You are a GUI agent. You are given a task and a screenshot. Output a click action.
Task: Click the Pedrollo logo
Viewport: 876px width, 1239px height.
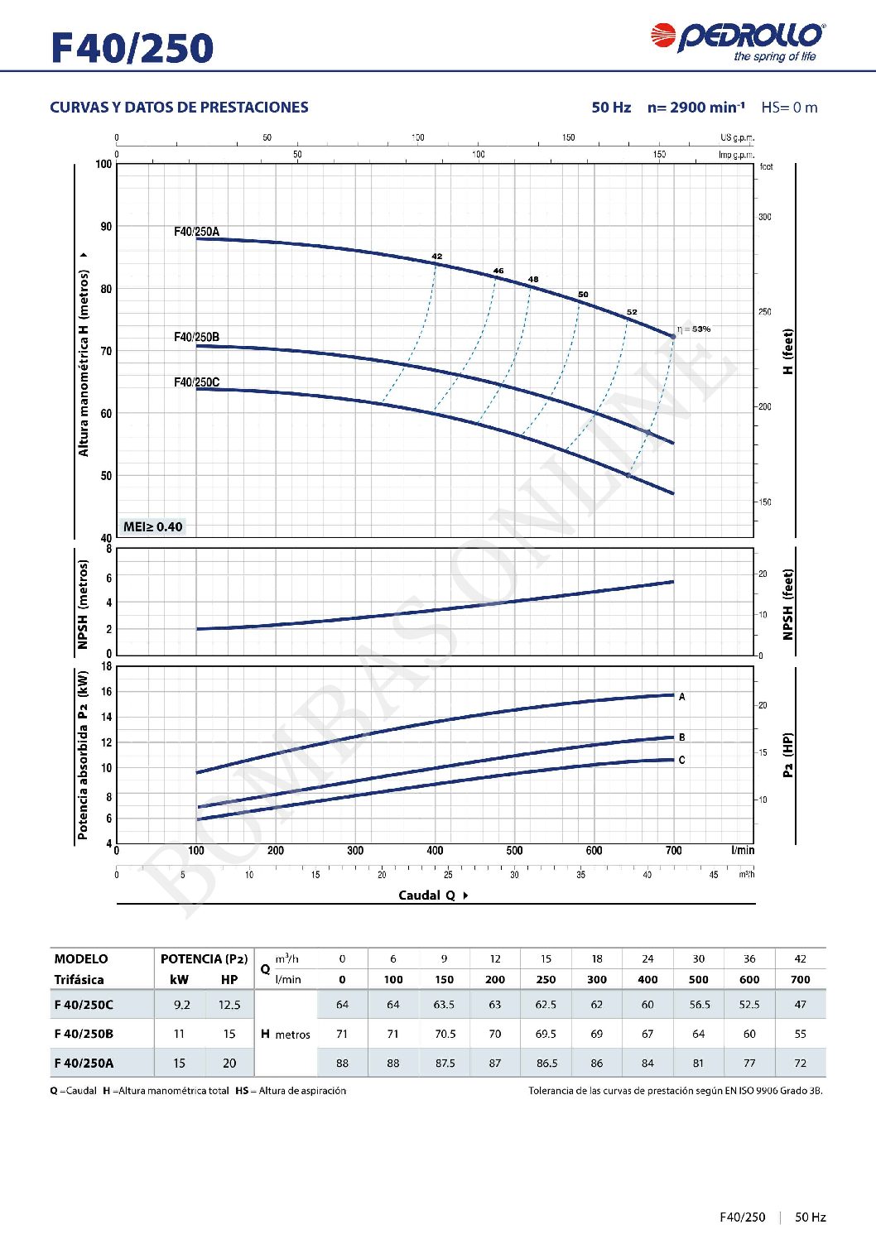click(x=737, y=40)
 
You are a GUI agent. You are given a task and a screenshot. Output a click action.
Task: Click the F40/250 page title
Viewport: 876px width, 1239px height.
click(x=132, y=48)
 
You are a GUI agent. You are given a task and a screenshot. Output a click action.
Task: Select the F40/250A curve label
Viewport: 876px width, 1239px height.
click(x=196, y=232)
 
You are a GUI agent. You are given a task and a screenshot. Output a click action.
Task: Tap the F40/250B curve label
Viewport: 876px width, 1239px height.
click(x=196, y=337)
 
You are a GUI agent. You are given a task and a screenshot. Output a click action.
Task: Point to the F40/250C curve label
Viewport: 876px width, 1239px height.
click(x=196, y=382)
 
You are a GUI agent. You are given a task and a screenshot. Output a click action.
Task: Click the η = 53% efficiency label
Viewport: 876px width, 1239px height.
click(x=694, y=329)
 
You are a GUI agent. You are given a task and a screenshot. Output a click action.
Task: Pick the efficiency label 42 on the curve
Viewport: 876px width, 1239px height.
click(x=437, y=257)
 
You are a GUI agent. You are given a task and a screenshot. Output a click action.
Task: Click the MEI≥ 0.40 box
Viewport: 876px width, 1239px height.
click(x=152, y=526)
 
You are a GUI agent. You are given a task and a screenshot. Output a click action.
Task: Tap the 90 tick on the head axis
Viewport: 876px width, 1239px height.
click(x=106, y=227)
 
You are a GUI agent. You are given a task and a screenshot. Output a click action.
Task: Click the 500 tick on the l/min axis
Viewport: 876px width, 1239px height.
click(x=514, y=851)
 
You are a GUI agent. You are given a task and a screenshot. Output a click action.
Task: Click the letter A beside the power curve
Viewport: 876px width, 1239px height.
click(x=681, y=697)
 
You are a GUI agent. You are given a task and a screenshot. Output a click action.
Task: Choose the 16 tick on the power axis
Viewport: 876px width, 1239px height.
click(x=107, y=692)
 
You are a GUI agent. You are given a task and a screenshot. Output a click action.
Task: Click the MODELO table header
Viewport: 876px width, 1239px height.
click(x=81, y=959)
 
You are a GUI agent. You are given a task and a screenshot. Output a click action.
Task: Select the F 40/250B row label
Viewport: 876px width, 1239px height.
click(x=84, y=1034)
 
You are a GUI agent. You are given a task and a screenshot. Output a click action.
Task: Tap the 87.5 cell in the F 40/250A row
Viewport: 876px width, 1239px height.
click(x=445, y=1064)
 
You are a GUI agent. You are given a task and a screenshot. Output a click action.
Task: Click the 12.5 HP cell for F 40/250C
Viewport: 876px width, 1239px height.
click(x=229, y=1005)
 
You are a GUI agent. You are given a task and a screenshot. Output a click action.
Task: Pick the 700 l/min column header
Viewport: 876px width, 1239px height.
click(x=800, y=980)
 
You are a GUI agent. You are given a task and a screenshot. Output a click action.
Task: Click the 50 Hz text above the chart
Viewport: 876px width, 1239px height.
click(x=611, y=108)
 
